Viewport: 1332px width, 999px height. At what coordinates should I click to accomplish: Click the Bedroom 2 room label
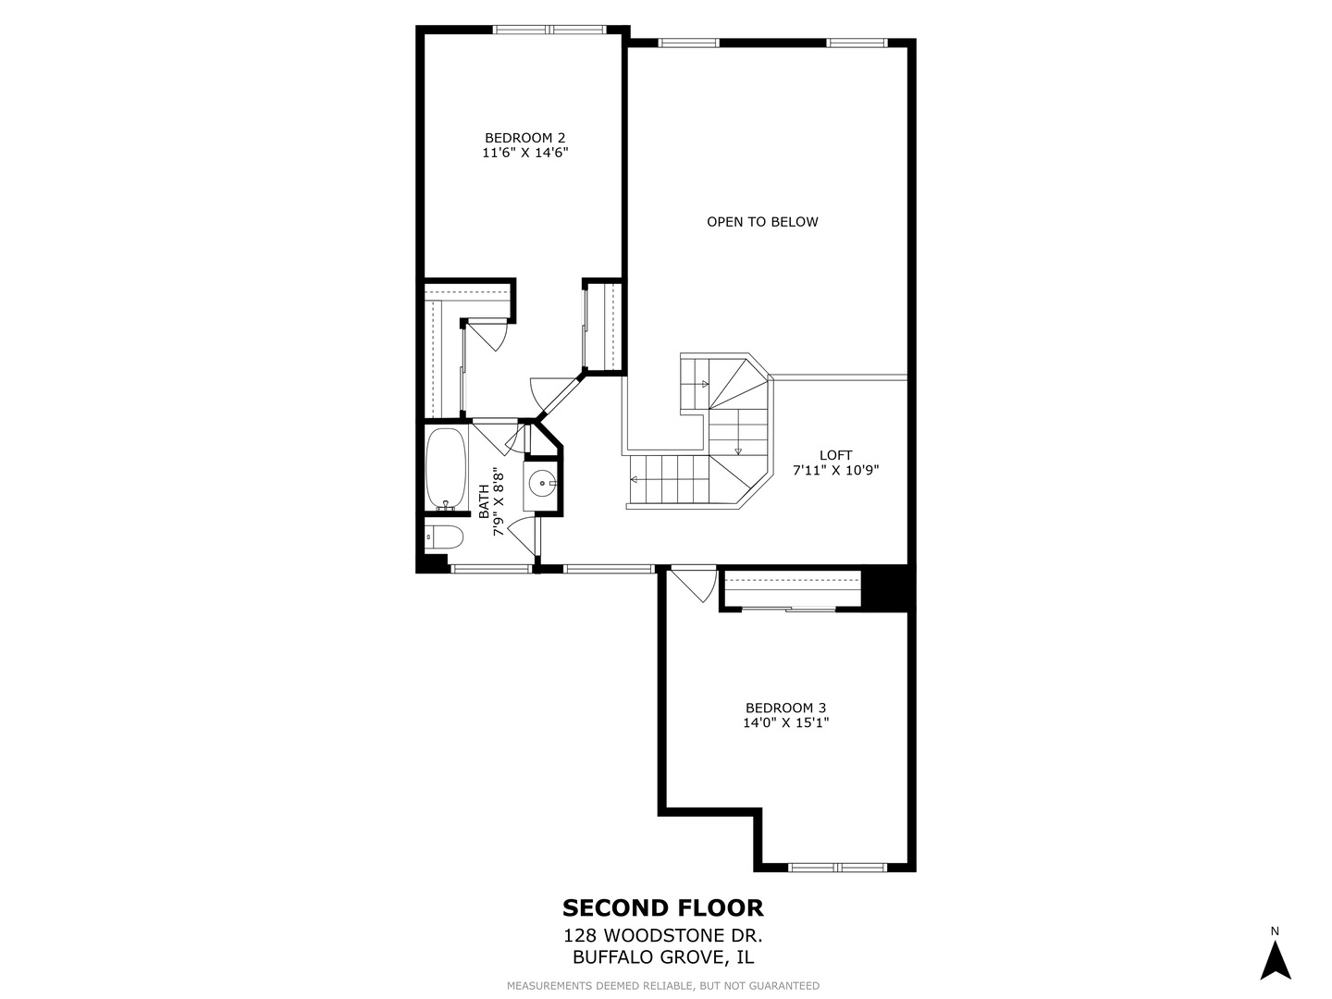[524, 138]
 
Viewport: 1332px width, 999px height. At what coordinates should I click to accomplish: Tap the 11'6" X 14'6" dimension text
[524, 153]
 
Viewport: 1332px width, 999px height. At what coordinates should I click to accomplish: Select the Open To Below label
[762, 222]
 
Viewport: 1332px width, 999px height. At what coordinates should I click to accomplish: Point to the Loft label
[835, 455]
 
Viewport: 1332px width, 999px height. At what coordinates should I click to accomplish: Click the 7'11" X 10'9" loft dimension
[835, 470]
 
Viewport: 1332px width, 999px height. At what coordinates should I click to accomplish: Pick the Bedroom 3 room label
[785, 708]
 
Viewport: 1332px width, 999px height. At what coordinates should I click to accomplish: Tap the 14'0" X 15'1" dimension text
[785, 722]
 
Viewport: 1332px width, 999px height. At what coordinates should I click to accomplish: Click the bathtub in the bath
[446, 468]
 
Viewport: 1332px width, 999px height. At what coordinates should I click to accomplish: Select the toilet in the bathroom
[444, 536]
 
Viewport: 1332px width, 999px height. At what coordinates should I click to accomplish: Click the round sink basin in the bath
[541, 484]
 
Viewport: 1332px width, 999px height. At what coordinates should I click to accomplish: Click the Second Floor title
[662, 908]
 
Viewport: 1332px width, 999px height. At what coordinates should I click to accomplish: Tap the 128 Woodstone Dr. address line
[662, 935]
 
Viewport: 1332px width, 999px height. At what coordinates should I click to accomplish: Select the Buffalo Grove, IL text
[662, 956]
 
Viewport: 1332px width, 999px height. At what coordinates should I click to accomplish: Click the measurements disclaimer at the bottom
[662, 986]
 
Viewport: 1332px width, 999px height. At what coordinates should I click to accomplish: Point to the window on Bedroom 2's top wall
[549, 29]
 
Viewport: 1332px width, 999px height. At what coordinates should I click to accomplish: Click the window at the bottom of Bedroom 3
[837, 868]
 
